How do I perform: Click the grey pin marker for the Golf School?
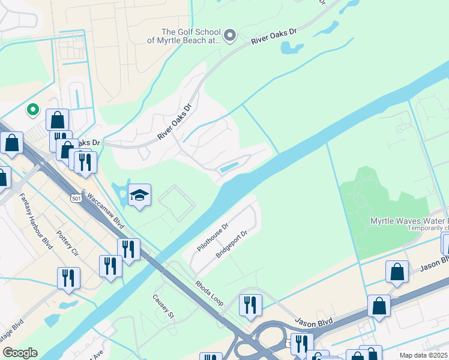click(229, 37)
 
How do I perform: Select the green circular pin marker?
click(33, 110)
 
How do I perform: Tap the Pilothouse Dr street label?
click(212, 238)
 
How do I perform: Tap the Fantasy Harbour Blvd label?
click(35, 220)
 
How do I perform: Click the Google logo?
click(20, 353)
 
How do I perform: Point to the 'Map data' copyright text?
click(423, 355)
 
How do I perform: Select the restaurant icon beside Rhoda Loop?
click(250, 304)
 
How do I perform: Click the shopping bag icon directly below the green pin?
click(57, 119)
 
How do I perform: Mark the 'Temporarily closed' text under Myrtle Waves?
click(427, 228)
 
